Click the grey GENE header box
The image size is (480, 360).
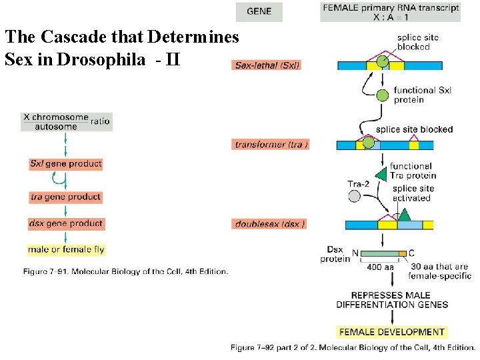[x=259, y=11]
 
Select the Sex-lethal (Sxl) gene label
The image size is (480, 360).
[x=267, y=65]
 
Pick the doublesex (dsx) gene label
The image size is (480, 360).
[x=270, y=224]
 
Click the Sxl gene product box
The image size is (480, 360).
[x=65, y=163]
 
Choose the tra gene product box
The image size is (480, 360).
[x=65, y=197]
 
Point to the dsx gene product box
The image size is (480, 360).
[x=65, y=223]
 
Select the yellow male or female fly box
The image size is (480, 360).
[x=65, y=250]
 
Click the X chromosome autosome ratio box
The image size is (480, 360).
[x=65, y=121]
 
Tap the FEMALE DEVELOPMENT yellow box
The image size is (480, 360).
[x=392, y=332]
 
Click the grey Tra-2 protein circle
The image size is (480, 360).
[x=354, y=196]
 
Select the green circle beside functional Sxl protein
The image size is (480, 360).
[x=382, y=95]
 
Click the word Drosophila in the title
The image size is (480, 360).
[x=101, y=59]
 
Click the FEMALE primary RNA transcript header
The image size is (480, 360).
[x=390, y=12]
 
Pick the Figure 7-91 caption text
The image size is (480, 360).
[x=125, y=271]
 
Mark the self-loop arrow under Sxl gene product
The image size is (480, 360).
[x=60, y=179]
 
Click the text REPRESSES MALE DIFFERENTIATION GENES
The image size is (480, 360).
[x=392, y=300]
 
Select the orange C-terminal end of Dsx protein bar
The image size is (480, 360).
[x=402, y=253]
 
